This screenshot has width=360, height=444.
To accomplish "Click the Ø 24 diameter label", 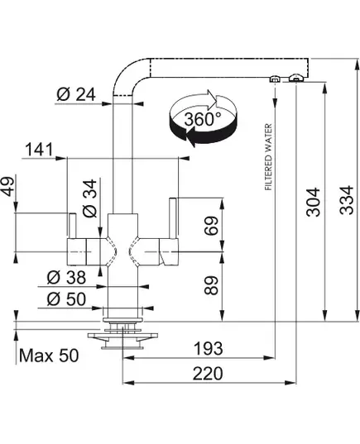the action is pyautogui.click(x=76, y=94).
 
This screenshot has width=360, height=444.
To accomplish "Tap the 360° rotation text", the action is pyautogui.click(x=203, y=119).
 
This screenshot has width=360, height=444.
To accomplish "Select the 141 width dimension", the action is pyautogui.click(x=39, y=149).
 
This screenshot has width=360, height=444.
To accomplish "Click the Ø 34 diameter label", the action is pyautogui.click(x=90, y=198).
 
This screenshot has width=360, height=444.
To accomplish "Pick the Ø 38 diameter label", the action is pyautogui.click(x=66, y=277).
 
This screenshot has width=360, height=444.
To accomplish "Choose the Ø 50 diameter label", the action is pyautogui.click(x=66, y=299).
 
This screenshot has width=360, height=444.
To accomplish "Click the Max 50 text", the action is pyautogui.click(x=49, y=356).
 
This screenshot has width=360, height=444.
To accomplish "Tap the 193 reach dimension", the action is pyautogui.click(x=208, y=348).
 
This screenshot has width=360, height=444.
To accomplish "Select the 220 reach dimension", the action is pyautogui.click(x=208, y=373).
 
